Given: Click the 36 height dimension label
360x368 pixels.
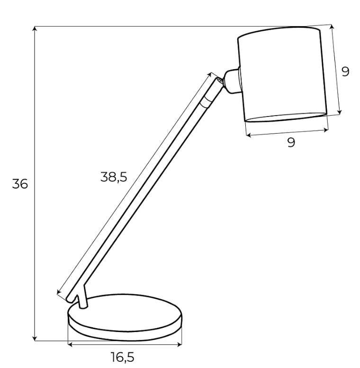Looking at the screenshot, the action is coord(20,184).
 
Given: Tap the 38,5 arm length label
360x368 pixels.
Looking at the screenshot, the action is coord(114,177).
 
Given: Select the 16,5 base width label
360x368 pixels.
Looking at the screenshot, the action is coord(123,357).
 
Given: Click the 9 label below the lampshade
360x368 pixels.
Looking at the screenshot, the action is coord(291,142).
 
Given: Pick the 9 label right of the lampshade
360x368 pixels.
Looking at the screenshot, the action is coord(345,72).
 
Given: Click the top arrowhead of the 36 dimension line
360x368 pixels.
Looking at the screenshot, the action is coord(35,28).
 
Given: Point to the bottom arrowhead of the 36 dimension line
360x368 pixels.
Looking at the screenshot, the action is coord(35,339).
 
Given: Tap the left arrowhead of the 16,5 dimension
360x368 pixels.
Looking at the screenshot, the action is coord(70,344).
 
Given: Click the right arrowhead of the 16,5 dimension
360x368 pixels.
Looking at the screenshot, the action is coord(180,344).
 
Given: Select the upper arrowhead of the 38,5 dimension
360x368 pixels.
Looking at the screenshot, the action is coord(209,75).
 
